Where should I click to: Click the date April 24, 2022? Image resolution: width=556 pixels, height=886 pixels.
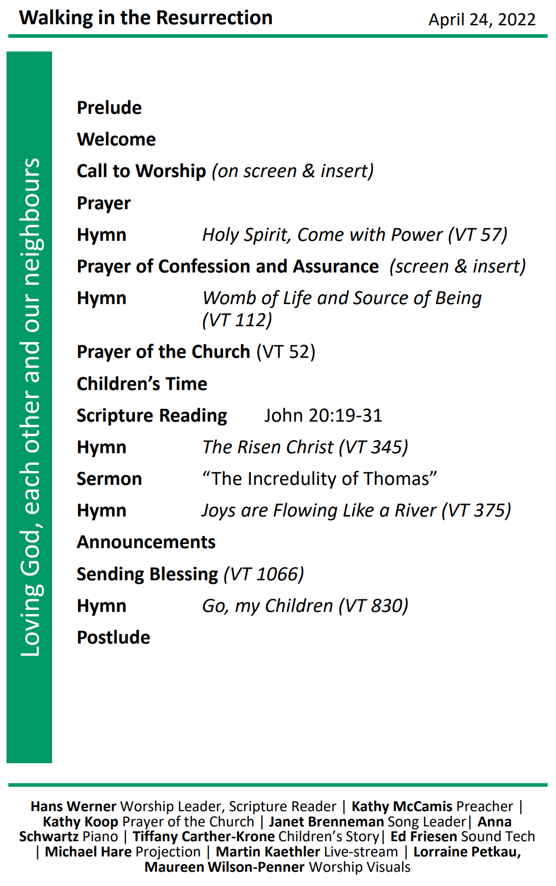[x=482, y=20]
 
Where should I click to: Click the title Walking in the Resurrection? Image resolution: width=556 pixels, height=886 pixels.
[x=146, y=18]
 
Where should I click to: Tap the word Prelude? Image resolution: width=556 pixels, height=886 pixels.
[x=109, y=108]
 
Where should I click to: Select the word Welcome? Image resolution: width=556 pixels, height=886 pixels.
[x=116, y=139]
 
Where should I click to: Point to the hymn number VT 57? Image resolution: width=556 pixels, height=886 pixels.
[x=478, y=235]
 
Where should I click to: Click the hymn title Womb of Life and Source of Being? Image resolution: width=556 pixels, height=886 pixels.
[x=342, y=298]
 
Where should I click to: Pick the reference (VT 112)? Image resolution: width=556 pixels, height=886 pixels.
[x=237, y=320]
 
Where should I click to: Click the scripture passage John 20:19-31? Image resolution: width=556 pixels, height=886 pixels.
[x=323, y=415]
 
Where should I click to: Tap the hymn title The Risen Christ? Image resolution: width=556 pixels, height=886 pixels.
[x=268, y=447]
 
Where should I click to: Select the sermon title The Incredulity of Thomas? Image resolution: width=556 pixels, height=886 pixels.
[x=319, y=479]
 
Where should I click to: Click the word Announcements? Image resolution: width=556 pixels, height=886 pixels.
[x=146, y=542]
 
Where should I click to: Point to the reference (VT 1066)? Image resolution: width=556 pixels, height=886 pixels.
[x=264, y=574]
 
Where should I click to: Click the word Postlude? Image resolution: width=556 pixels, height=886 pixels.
[x=113, y=637]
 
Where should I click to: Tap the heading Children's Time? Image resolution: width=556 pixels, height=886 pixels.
[x=142, y=384]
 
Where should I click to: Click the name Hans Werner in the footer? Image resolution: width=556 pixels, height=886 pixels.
[x=73, y=806]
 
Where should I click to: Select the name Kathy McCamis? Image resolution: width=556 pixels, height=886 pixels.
[x=402, y=806]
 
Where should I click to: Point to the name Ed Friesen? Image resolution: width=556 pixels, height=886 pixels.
[x=423, y=836]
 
